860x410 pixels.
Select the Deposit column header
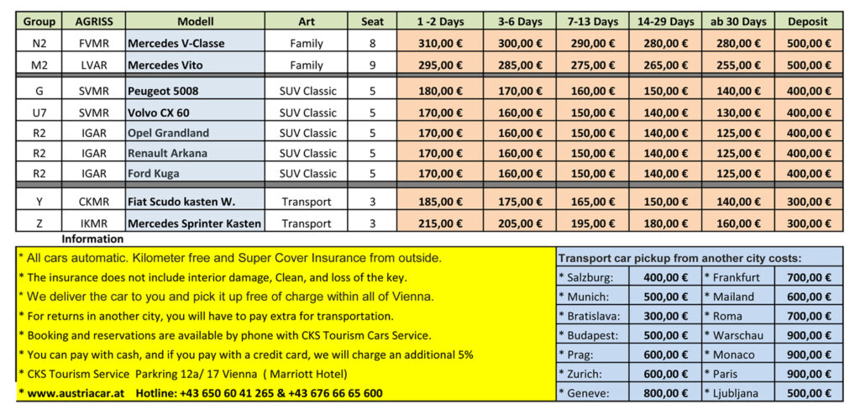(809, 21)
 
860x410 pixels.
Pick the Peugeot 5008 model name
(163, 91)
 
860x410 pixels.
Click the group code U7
(39, 113)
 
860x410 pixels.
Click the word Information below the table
(92, 239)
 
